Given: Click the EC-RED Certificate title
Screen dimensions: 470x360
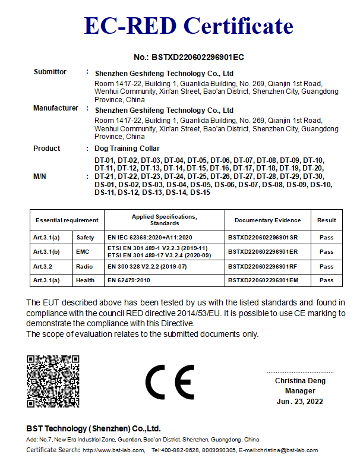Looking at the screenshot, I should pyautogui.click(x=189, y=26).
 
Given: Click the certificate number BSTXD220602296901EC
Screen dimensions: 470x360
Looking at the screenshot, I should pyautogui.click(x=189, y=58).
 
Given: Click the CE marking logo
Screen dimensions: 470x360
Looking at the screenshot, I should pyautogui.click(x=169, y=382).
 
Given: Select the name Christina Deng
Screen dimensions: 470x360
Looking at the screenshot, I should pyautogui.click(x=300, y=381).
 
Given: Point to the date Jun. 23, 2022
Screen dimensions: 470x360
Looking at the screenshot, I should pyautogui.click(x=300, y=402).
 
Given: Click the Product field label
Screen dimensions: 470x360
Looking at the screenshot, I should pyautogui.click(x=46, y=149).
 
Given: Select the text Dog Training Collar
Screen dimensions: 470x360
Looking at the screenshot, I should pyautogui.click(x=127, y=149).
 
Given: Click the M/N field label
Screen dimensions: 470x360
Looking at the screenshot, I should pyautogui.click(x=40, y=176).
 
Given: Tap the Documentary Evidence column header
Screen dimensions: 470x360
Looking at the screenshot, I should pyautogui.click(x=267, y=220).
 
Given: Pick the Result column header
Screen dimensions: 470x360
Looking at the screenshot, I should pyautogui.click(x=326, y=220).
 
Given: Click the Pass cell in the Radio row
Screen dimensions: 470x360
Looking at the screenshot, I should pyautogui.click(x=326, y=267).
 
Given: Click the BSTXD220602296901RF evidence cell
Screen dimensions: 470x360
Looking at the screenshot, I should pyautogui.click(x=263, y=267).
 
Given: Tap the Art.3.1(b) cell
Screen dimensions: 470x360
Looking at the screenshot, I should pyautogui.click(x=45, y=252).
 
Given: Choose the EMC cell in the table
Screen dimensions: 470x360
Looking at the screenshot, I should pyautogui.click(x=83, y=252).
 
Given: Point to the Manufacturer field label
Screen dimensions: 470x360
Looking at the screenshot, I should pyautogui.click(x=56, y=108).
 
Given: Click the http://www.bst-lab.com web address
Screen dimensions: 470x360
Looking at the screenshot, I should pyautogui.click(x=113, y=450).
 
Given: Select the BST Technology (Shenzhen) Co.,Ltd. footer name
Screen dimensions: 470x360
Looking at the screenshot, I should pyautogui.click(x=93, y=428).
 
